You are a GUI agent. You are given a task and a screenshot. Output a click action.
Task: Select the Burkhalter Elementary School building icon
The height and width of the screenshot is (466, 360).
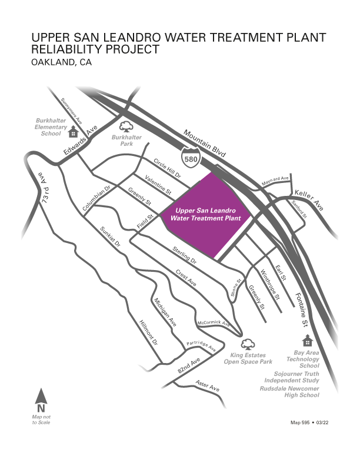(x=74, y=131)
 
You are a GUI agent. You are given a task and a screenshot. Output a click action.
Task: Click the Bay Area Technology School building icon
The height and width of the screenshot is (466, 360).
(x=306, y=341)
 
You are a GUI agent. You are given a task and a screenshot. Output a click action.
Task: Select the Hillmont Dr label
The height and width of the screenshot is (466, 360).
(x=148, y=333)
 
